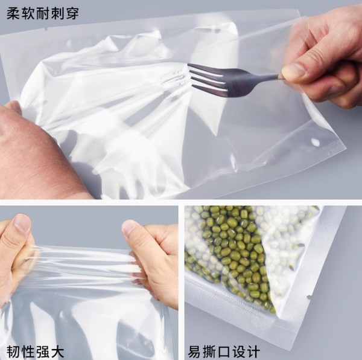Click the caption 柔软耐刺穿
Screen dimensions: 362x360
(x=43, y=14)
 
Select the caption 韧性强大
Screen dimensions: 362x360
(x=35, y=352)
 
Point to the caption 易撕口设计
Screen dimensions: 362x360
(x=224, y=352)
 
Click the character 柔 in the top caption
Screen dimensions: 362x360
(x=13, y=14)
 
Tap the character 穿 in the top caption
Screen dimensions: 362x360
(x=72, y=14)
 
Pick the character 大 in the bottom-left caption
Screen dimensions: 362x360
(x=57, y=352)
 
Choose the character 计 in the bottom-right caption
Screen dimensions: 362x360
(x=253, y=352)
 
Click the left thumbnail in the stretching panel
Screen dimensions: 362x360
(x=22, y=222)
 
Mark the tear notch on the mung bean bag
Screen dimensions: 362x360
(x=308, y=297)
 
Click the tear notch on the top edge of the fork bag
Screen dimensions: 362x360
(x=46, y=30)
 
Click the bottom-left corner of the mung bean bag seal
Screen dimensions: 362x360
(x=186, y=277)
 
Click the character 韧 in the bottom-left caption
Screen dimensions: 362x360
(x=13, y=352)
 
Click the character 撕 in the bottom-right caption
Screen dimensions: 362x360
(x=209, y=352)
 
